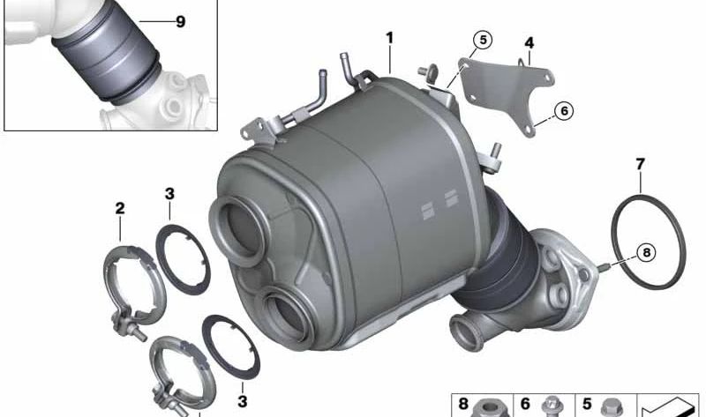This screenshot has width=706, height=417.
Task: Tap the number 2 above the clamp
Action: coord(119,209)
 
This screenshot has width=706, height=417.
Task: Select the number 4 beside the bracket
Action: coord(529,42)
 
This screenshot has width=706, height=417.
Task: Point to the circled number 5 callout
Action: coord(481,39)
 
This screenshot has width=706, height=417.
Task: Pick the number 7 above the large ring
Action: coord(640,163)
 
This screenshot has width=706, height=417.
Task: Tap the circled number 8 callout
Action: coord(645,253)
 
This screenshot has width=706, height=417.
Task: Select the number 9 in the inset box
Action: coord(181,22)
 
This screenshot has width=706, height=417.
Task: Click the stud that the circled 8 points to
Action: coord(604,266)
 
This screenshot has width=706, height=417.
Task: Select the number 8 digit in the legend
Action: coord(464,404)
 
